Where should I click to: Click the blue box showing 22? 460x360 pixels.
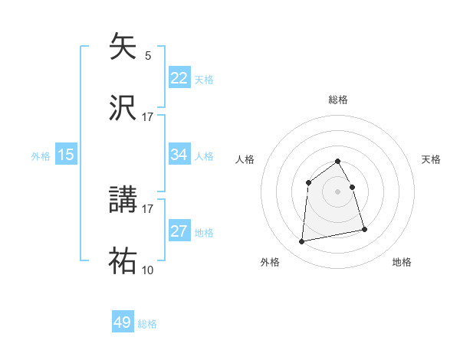tap(179, 78)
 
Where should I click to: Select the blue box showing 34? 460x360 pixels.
tap(179, 155)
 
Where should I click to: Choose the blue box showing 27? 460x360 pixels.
tap(179, 231)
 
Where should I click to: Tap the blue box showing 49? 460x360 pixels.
tap(123, 322)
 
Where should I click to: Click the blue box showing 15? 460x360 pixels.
tap(66, 155)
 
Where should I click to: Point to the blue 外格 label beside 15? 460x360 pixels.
tap(41, 155)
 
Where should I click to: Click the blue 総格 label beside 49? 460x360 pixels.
tap(147, 324)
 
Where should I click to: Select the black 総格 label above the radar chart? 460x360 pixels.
tap(338, 100)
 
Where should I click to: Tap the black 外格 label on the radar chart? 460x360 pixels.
tap(270, 262)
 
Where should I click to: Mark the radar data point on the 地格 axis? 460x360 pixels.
tap(364, 229)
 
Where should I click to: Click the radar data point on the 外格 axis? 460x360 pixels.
tap(302, 242)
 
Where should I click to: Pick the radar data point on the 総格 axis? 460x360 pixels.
tap(338, 161)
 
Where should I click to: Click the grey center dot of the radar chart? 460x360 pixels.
tap(338, 191)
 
